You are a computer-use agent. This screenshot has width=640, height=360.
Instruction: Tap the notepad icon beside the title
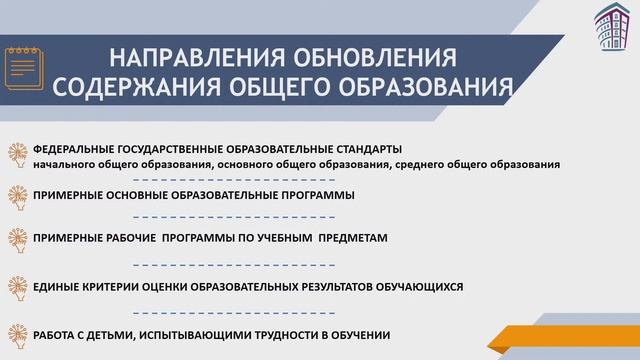25,66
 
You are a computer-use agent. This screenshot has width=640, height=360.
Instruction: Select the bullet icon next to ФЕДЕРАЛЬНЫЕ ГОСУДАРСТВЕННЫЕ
17,153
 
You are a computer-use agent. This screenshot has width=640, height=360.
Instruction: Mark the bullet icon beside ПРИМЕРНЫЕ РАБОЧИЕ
17,240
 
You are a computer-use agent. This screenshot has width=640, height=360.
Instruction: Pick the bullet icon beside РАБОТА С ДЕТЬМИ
17,335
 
